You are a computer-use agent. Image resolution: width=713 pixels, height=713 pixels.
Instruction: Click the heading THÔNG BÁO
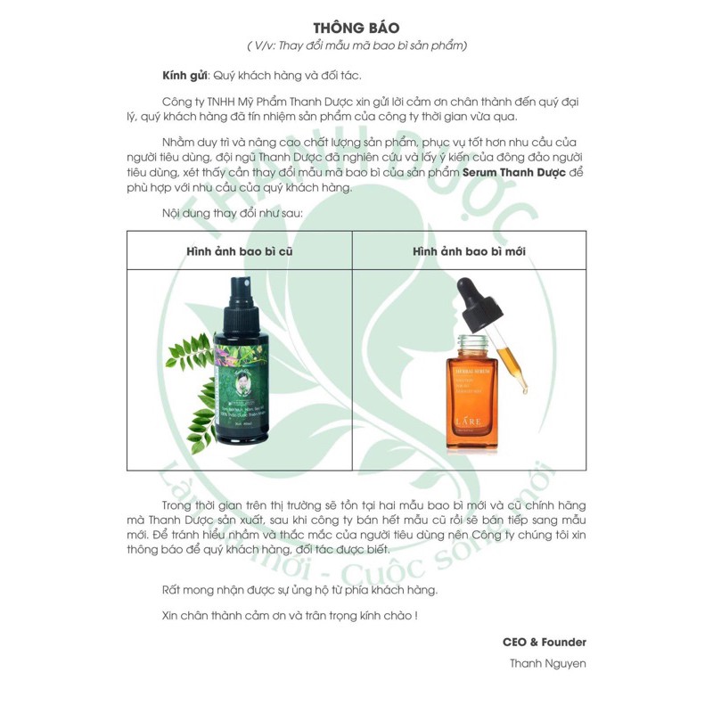pyautogui.click(x=356, y=28)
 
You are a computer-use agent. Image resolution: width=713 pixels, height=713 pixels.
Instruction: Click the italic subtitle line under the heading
pyautogui.click(x=356, y=45)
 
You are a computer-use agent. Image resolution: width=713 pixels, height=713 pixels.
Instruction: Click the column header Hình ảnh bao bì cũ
pyautogui.click(x=239, y=251)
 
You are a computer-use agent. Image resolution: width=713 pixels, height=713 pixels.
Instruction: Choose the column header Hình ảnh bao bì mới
pyautogui.click(x=470, y=251)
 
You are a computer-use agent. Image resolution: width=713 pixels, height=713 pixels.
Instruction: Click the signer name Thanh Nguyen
pyautogui.click(x=547, y=663)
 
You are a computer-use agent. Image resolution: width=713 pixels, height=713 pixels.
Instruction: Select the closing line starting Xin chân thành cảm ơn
pyautogui.click(x=291, y=614)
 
